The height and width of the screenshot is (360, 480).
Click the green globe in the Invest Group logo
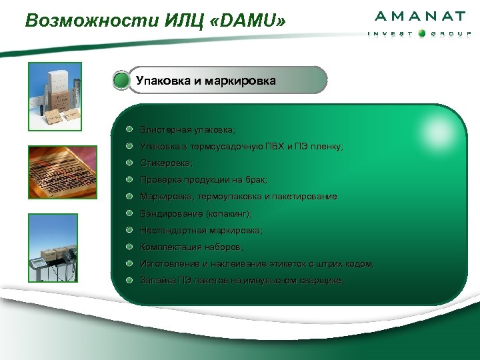421,34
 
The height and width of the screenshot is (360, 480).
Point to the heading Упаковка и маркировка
206,81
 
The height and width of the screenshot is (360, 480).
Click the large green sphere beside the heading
121,81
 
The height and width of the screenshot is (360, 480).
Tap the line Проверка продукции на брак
204,179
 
